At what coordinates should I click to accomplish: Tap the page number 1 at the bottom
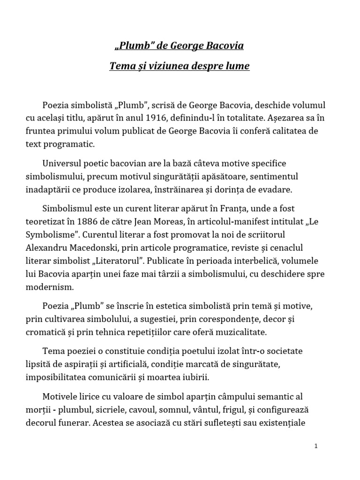pos(316,446)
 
